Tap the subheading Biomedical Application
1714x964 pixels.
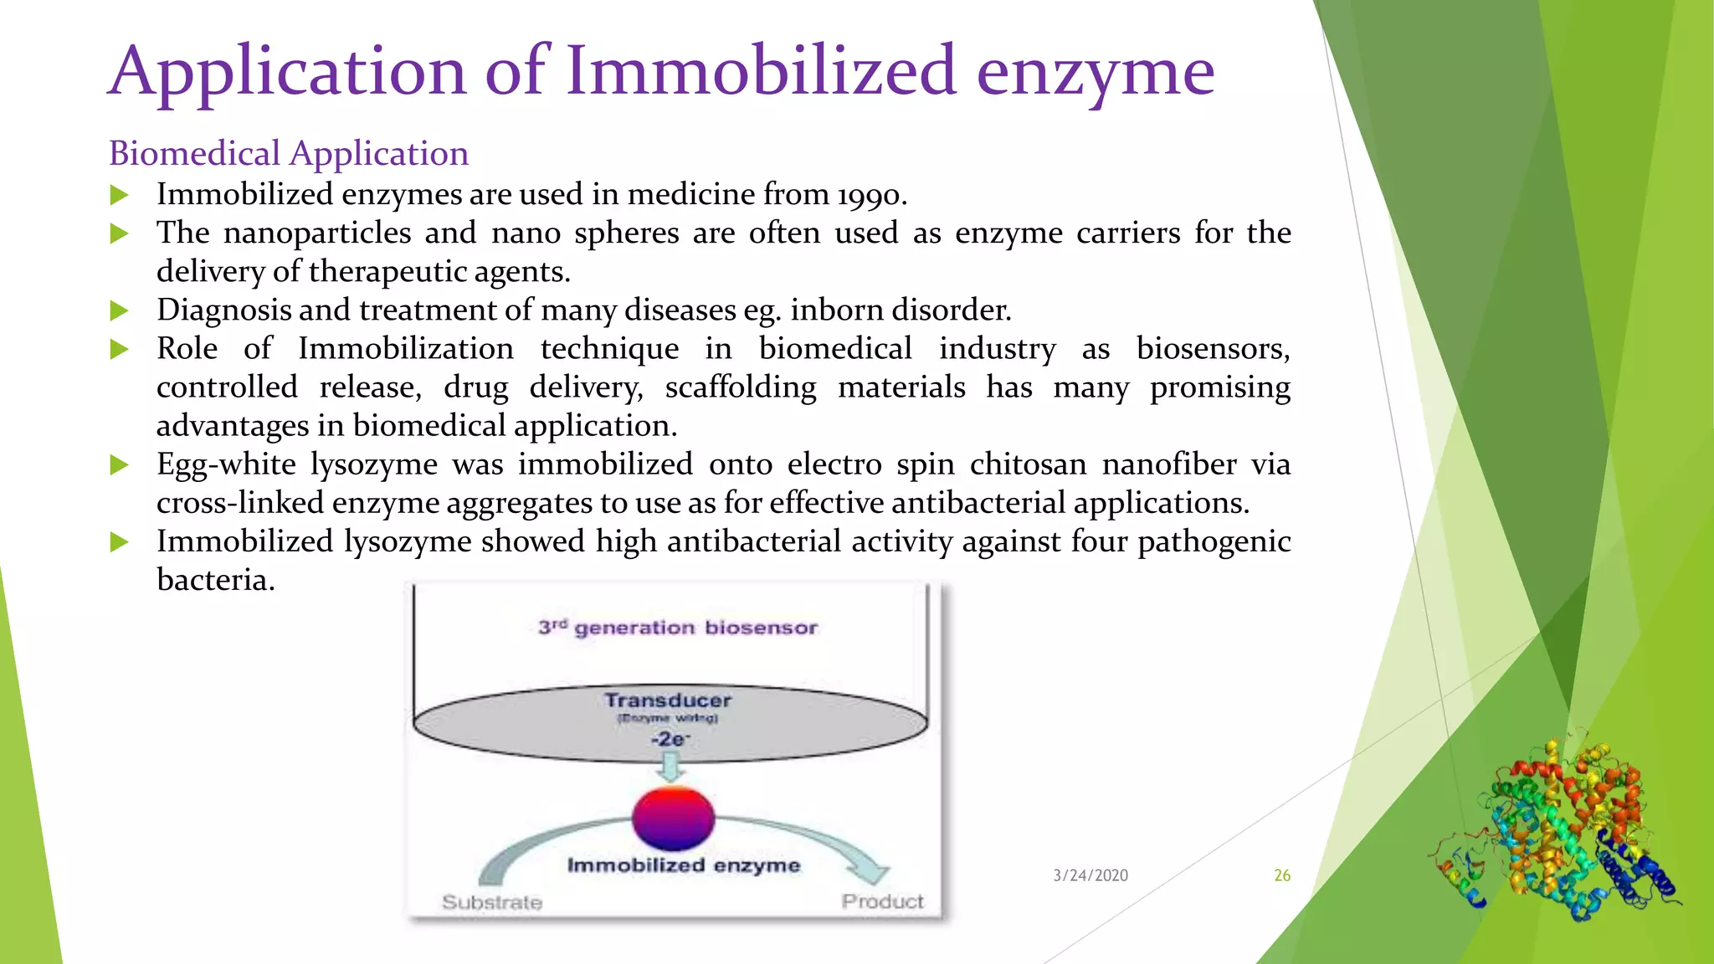pos(288,154)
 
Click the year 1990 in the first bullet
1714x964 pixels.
pos(870,196)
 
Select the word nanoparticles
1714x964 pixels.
pos(317,233)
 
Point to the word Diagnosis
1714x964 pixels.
pos(223,311)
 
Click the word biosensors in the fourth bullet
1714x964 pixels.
pos(1212,349)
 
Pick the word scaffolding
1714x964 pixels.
pos(741,387)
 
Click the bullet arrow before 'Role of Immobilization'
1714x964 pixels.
pos(120,350)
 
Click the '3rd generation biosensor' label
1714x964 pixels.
pos(677,628)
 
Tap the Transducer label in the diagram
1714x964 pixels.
pos(668,700)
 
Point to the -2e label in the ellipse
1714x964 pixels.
pos(670,739)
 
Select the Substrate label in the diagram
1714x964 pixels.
pos(492,902)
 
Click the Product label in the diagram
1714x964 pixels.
pos(882,901)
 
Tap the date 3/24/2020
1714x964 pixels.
pos(1090,875)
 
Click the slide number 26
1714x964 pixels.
pos(1281,875)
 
